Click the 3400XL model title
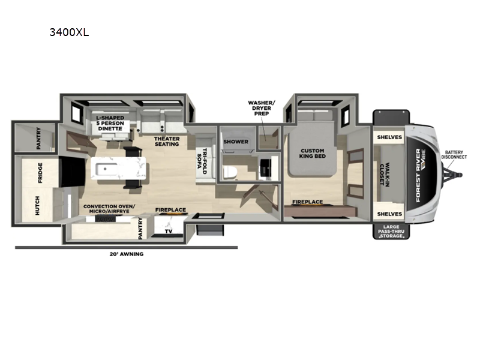[x=69, y=32]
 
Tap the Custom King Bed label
[x=312, y=154]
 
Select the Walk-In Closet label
[x=385, y=174]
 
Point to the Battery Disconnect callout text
[x=454, y=155]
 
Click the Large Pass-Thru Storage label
[x=391, y=232]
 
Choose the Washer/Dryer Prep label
[x=262, y=108]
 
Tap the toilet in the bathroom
[x=229, y=172]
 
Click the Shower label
[x=236, y=142]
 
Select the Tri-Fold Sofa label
[x=202, y=161]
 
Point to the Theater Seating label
[x=167, y=142]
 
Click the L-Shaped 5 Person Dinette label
[x=110, y=123]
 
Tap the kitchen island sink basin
[x=106, y=169]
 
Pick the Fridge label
[x=40, y=173]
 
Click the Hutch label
[x=37, y=205]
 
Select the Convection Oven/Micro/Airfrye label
[x=109, y=209]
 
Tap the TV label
[x=169, y=231]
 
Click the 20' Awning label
[x=127, y=254]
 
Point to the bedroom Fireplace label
[x=307, y=202]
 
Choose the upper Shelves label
[x=389, y=137]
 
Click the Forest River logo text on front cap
[x=418, y=175]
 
